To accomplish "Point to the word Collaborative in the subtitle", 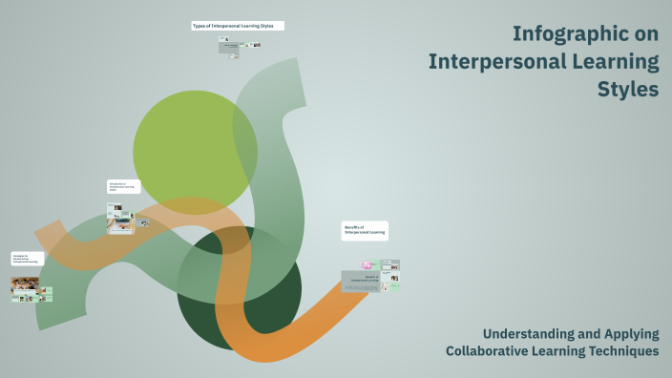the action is [491, 351].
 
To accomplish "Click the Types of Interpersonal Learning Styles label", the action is [237, 26].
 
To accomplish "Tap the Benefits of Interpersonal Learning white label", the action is [365, 230].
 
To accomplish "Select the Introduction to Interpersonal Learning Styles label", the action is [123, 187].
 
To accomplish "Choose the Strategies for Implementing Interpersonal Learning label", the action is [28, 259].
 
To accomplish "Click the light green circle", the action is [195, 150].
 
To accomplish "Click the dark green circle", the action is [240, 287].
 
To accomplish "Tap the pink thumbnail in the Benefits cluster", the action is [367, 264].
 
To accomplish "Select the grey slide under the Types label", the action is [230, 47].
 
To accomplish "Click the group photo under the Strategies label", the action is [25, 283].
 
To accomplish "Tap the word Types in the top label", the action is [199, 26].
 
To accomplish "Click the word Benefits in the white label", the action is [352, 226].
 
